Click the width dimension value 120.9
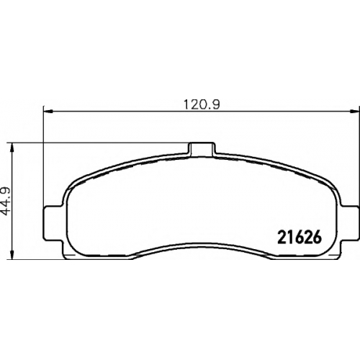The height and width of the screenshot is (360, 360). click(202, 104)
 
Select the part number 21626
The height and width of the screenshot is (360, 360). click(300, 237)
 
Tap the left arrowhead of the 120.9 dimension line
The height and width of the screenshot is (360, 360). click(48, 111)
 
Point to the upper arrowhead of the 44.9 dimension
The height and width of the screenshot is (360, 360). click(12, 148)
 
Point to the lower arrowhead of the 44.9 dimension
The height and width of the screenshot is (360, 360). click(12, 254)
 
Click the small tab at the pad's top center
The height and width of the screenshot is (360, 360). click(202, 149)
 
